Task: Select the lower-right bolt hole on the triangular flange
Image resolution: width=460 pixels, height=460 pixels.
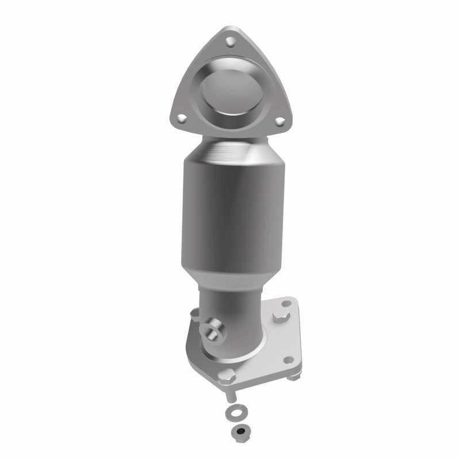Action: pyautogui.click(x=280, y=121)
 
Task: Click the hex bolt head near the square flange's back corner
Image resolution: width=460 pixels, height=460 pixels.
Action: pyautogui.click(x=281, y=316)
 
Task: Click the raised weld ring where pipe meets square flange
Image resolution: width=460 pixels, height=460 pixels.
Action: pyautogui.click(x=242, y=343)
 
